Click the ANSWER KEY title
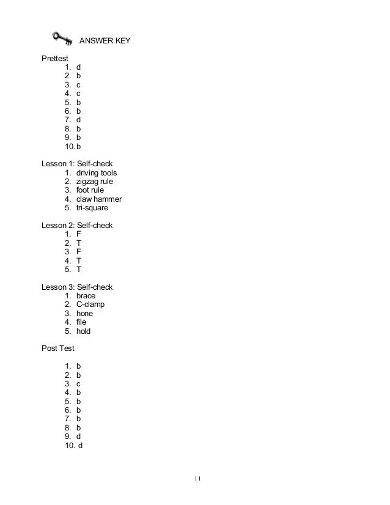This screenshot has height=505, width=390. (105, 42)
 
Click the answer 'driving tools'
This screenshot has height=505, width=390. (97, 173)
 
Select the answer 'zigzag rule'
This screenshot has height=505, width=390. (94, 182)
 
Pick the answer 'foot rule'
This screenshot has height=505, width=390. (90, 190)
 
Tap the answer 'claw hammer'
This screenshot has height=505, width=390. (99, 199)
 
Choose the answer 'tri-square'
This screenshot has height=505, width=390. (92, 208)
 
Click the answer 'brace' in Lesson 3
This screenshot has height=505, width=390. (86, 296)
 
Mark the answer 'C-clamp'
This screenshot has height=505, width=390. (90, 304)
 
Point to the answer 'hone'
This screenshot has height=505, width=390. (85, 314)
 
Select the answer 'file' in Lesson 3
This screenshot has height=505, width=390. (81, 322)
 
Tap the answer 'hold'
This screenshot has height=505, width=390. (83, 331)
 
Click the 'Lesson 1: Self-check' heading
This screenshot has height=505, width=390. (77, 164)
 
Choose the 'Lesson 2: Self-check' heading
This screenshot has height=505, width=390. (77, 226)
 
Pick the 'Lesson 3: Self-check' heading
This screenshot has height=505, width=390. (77, 287)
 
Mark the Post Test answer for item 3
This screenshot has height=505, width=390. (78, 384)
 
